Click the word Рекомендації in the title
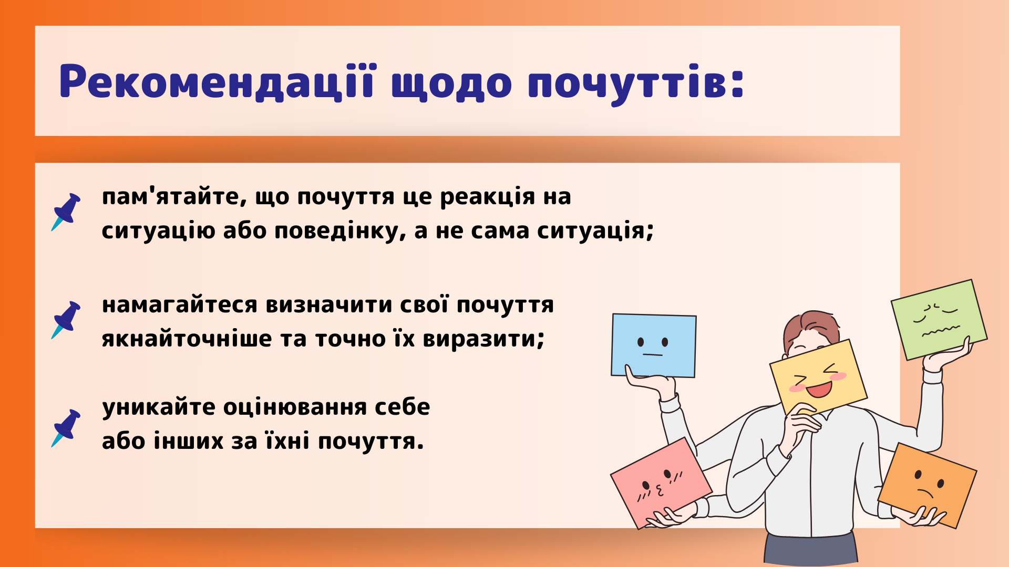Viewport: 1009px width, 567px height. coord(217,81)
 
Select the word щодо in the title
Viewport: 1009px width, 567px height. coord(451,84)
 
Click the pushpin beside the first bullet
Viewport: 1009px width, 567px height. coord(66,212)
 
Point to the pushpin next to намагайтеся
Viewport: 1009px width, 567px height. coord(66,320)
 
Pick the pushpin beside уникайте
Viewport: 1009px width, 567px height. coord(66,428)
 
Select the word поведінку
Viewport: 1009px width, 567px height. coord(340,231)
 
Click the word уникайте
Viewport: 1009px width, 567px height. coord(159,407)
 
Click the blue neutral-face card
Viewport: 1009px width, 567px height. coord(653,345)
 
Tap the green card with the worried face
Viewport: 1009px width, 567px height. coord(939,319)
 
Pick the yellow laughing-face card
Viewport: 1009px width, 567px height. coord(818,377)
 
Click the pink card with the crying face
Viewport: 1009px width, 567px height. coord(661,483)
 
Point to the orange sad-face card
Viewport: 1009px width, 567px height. coord(927,485)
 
